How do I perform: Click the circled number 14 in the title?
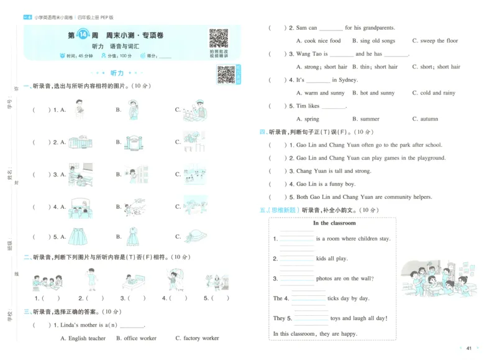point(89,36)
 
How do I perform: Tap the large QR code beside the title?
point(218,39)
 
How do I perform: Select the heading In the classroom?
point(334,223)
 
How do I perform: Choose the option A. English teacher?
point(83,338)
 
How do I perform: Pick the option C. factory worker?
point(197,338)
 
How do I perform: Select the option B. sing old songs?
point(373,41)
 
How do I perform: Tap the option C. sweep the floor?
point(435,41)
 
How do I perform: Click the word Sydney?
point(345,80)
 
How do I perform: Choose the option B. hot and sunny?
point(373,93)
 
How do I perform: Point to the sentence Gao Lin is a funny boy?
point(326,184)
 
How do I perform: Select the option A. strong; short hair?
point(322,67)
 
